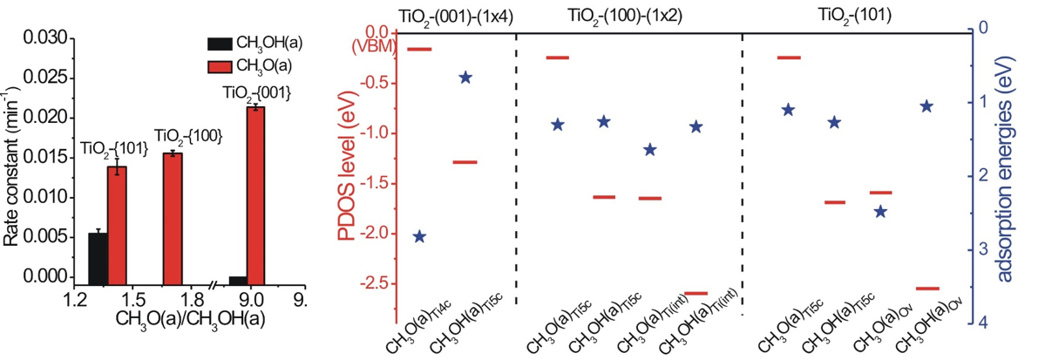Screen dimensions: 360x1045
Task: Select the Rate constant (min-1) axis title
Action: point(12,160)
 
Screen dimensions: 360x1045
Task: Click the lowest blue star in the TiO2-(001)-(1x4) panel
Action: point(419,236)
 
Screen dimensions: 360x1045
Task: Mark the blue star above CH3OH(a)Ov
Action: point(926,106)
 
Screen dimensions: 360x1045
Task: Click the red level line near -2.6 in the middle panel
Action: point(695,293)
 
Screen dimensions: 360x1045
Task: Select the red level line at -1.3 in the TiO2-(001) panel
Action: point(465,162)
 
